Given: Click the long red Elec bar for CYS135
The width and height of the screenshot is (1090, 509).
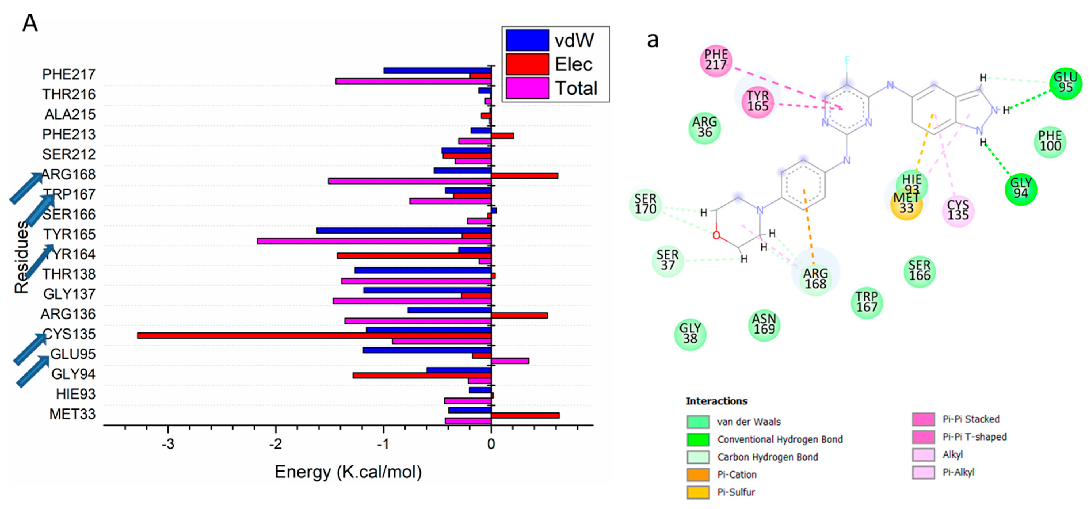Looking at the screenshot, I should pos(313,336).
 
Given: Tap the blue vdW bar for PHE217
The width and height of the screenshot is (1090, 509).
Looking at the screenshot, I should pos(437,70).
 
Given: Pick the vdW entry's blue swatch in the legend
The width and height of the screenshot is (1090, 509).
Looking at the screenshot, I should pos(527,40).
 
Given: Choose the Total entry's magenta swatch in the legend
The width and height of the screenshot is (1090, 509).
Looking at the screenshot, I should pos(527,88).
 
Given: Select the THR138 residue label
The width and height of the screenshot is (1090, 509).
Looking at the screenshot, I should pos(69,274).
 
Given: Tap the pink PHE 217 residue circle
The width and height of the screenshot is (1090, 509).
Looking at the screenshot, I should pos(715,60).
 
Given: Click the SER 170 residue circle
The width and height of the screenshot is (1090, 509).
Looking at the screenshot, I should pos(645,204).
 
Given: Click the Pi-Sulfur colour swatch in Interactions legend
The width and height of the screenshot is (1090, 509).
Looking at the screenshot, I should pos(698,492).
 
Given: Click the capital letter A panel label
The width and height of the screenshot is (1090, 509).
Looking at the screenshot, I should pos(30,23).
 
